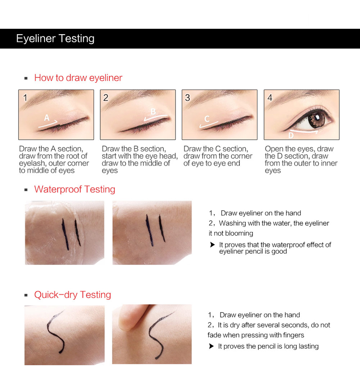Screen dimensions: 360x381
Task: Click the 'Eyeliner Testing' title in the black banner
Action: point(55,39)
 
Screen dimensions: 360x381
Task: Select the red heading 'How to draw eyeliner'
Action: point(78,78)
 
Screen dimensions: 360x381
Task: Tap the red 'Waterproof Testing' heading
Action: point(75,189)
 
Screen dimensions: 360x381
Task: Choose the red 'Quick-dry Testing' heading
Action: point(72,295)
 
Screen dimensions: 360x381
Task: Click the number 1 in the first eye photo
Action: point(25,98)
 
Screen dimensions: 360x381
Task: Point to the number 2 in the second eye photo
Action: point(105,98)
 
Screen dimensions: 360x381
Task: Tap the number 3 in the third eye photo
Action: point(187,98)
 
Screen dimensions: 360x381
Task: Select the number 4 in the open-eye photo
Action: point(270,98)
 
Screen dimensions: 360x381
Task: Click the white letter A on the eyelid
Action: point(47,118)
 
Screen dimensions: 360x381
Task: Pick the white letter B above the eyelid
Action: point(153,112)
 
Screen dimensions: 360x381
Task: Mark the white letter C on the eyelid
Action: point(207,119)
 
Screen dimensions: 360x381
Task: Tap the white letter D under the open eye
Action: point(291,135)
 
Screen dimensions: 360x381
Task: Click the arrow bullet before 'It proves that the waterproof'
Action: point(212,245)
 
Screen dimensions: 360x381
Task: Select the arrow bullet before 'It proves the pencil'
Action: point(211,346)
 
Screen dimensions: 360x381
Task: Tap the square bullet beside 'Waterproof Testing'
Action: point(26,190)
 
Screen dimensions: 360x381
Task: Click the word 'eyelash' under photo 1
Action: point(31,164)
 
